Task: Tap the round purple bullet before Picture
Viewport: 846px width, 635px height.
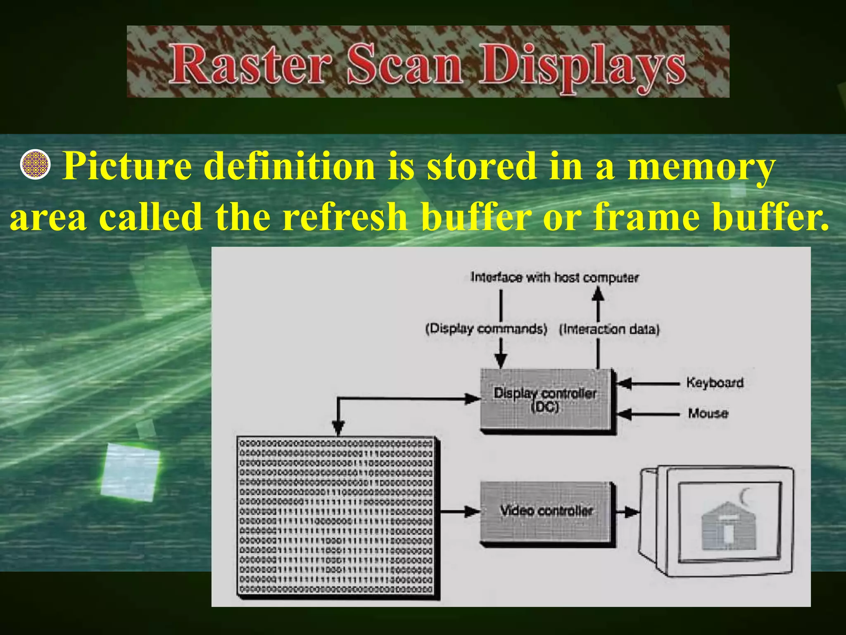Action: pyautogui.click(x=35, y=165)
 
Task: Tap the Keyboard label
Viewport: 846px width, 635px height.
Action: pyautogui.click(x=715, y=383)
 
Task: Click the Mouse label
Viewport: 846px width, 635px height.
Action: pyautogui.click(x=708, y=413)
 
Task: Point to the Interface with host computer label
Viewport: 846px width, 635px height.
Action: pyautogui.click(x=554, y=277)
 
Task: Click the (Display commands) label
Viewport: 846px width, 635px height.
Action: pyautogui.click(x=486, y=329)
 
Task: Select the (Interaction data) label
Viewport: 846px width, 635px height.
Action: pyautogui.click(x=609, y=329)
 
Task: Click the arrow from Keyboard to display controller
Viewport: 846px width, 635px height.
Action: pyautogui.click(x=649, y=383)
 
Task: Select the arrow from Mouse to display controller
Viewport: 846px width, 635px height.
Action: pyautogui.click(x=649, y=413)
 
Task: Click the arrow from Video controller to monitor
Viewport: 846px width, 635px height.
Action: pyautogui.click(x=627, y=512)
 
